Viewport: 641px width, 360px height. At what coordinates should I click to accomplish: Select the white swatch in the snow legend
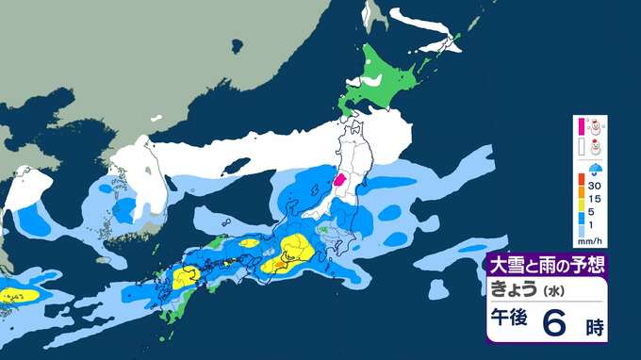pos(582,146)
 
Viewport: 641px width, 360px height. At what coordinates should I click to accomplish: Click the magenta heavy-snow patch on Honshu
pos(341,179)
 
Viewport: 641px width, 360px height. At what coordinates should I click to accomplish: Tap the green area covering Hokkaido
pos(386,80)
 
